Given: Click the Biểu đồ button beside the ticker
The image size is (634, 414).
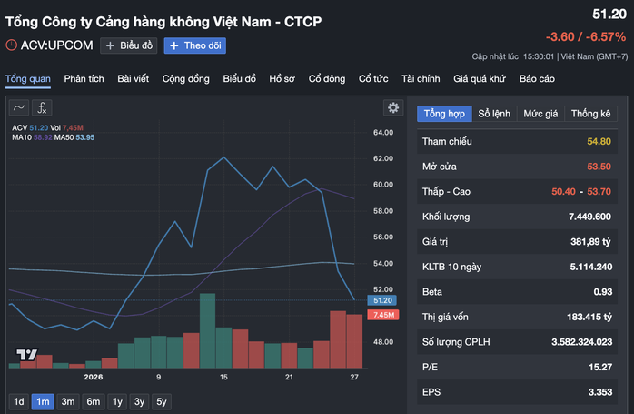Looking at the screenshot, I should point(129,45).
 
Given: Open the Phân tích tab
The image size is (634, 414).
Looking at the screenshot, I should point(84,78).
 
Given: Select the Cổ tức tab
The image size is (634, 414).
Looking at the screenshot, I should point(373,78).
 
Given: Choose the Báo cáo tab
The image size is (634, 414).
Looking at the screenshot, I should point(537,78).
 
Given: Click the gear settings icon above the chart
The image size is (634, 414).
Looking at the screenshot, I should point(393,107).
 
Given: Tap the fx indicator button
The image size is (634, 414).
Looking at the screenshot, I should point(44,107).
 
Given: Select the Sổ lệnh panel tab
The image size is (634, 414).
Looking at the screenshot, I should point(495,114).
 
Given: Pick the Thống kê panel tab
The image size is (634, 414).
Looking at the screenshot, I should point(591,114).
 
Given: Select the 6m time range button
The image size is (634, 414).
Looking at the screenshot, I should point(93,401).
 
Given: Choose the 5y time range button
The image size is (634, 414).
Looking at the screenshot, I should point(161,401).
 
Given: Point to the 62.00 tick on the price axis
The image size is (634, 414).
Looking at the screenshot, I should point(382,158).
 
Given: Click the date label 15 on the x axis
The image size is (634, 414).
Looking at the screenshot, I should point(223,377).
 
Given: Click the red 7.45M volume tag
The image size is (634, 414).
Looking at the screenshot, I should point(381,315).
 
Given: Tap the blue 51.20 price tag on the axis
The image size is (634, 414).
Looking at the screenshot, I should point(381,300).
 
